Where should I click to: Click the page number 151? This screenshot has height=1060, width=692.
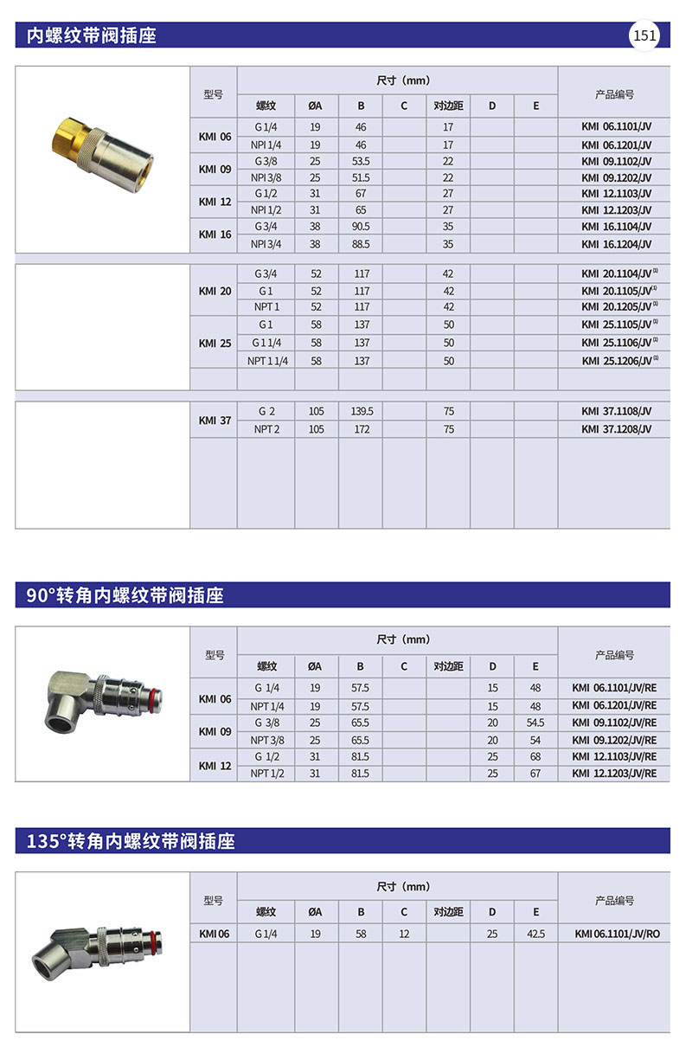click(645, 35)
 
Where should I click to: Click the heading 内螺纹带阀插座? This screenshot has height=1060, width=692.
click(92, 35)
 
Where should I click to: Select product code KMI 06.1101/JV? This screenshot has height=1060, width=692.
click(616, 127)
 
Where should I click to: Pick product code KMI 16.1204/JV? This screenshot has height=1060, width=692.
click(616, 244)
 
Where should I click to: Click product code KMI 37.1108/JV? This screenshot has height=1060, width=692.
click(616, 412)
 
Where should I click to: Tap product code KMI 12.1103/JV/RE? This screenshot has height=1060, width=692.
click(614, 756)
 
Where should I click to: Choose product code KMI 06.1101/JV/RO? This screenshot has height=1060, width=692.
click(617, 935)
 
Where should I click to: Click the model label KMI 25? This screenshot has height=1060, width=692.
click(215, 343)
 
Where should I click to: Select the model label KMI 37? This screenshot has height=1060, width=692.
click(215, 421)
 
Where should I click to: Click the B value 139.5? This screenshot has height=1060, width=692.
click(361, 412)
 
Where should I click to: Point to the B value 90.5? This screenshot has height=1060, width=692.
click(361, 228)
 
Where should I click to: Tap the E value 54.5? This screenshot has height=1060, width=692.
click(535, 723)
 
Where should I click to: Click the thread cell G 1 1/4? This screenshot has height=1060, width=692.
click(267, 344)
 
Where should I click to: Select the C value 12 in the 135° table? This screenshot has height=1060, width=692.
click(404, 935)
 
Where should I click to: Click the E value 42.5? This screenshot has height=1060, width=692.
click(535, 935)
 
